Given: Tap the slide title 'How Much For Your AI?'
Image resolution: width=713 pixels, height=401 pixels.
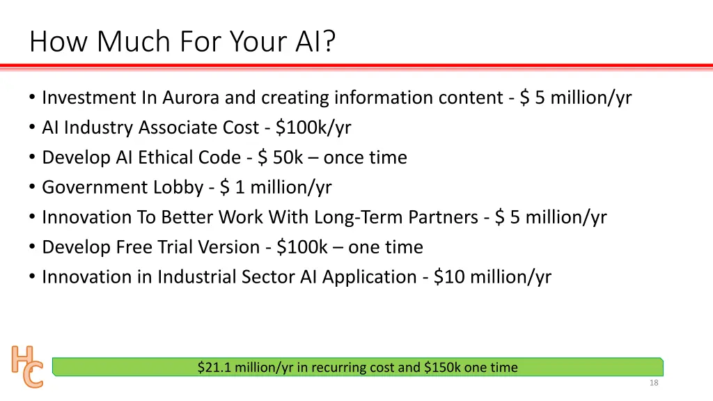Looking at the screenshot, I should tap(182, 42).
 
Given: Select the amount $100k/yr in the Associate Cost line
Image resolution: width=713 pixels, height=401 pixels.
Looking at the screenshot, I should tap(313, 128).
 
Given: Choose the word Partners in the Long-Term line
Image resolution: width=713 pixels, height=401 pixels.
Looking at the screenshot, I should tap(442, 218).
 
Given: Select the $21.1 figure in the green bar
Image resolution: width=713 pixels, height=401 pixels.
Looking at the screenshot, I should tap(214, 368).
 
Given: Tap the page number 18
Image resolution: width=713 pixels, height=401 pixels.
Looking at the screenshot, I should tap(653, 383).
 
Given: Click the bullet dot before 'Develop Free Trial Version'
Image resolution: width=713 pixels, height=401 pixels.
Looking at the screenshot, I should tap(33, 248).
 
